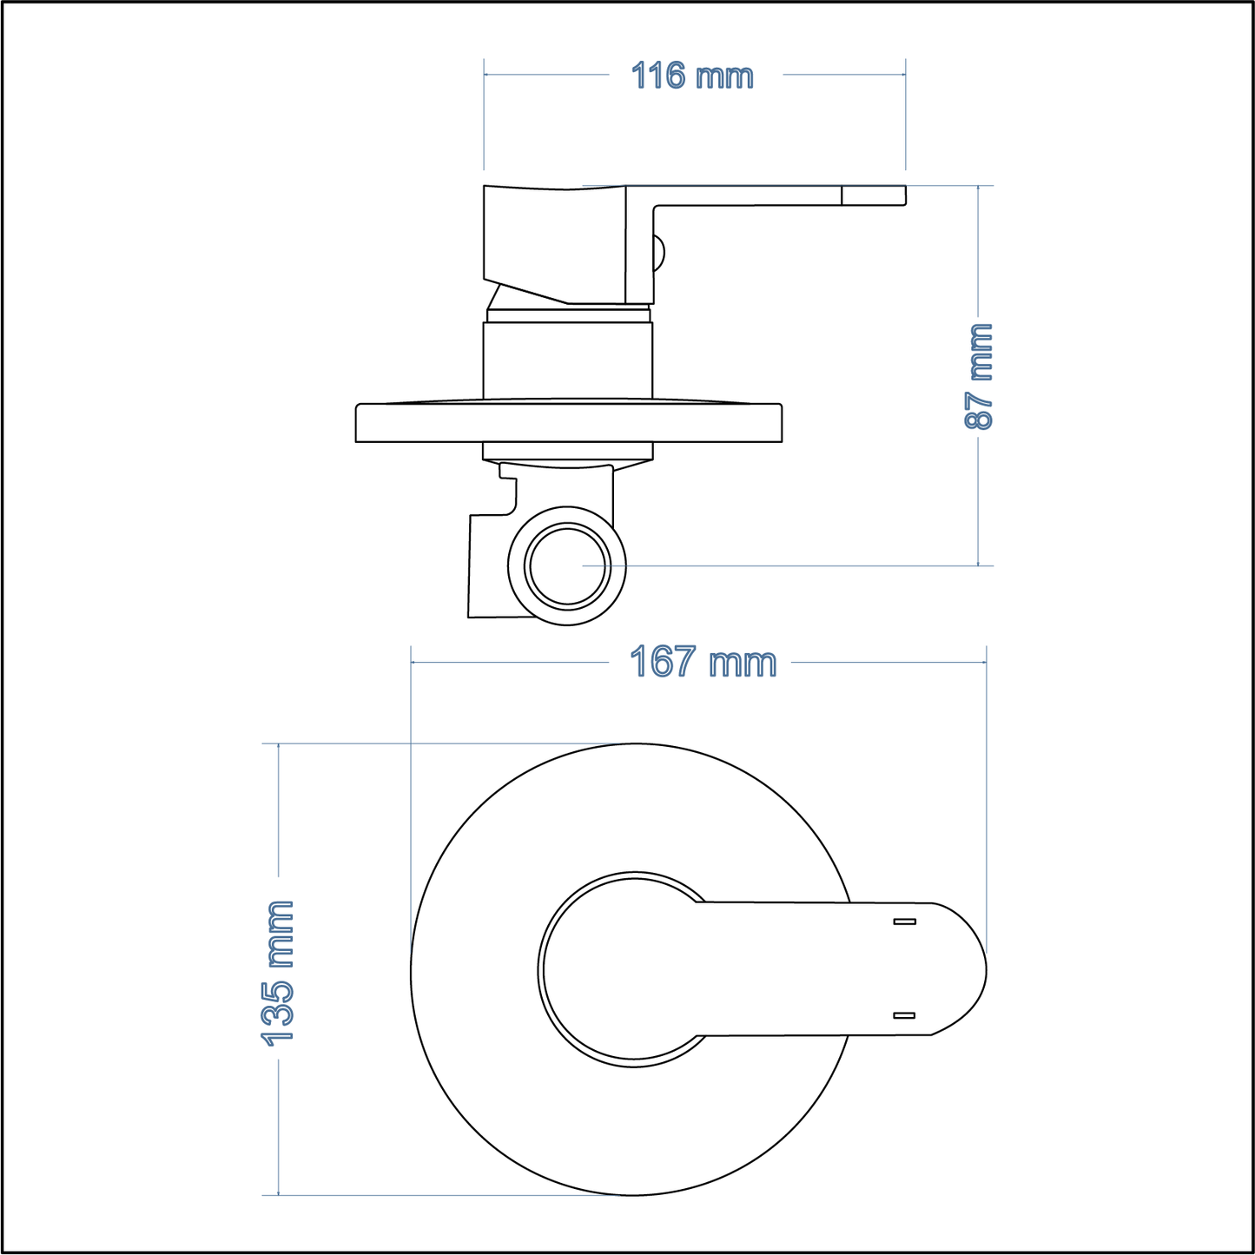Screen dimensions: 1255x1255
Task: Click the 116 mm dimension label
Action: (x=692, y=76)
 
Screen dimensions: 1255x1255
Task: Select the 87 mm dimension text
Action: (x=979, y=376)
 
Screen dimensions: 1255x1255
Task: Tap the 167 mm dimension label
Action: (x=703, y=662)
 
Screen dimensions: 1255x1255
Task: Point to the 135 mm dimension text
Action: (x=279, y=973)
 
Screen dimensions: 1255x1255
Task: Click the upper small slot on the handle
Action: (x=904, y=921)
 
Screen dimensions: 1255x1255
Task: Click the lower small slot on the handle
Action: (x=904, y=1015)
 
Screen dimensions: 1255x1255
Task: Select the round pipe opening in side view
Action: (x=567, y=566)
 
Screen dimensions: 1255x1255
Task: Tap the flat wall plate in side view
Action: (x=569, y=423)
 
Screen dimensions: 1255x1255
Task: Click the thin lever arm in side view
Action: (x=747, y=195)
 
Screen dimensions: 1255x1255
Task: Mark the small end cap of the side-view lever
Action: (x=874, y=195)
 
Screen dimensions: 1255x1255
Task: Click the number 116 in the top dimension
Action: (x=658, y=76)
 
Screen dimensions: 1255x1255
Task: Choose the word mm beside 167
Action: (x=743, y=664)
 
